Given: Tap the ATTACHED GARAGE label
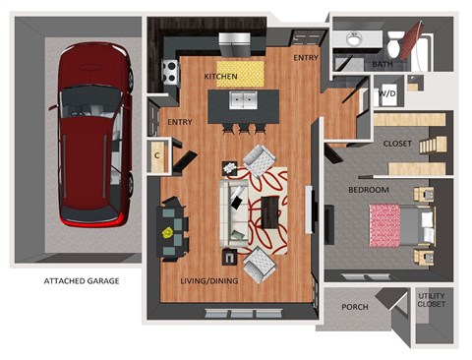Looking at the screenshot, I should point(82,281).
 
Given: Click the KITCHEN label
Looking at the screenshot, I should point(221,76).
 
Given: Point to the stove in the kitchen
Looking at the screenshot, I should point(169,72).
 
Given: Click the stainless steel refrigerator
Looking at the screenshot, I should point(237,43).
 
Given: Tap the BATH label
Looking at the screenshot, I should point(383,65).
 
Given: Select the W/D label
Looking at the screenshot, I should point(387,94).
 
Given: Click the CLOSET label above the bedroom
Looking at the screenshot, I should point(397,144).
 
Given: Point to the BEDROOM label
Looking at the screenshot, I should point(370,189).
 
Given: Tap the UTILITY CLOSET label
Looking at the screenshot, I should point(432,299).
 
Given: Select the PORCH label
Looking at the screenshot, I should point(355,307).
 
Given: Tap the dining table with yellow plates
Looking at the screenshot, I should point(173,227).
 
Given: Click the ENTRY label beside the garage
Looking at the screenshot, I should point(179,122).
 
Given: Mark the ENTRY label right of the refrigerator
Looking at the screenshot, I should point(306,58).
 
